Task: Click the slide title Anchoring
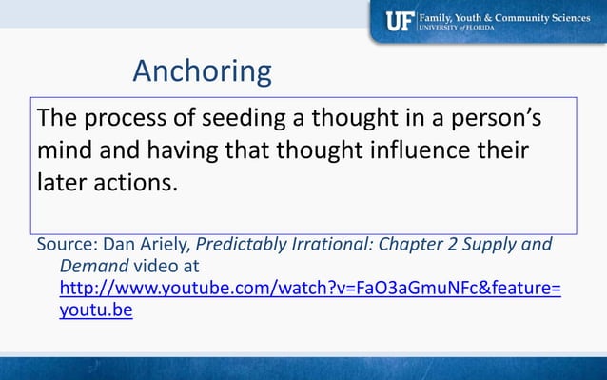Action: pyautogui.click(x=202, y=70)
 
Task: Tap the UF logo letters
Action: pyautogui.click(x=398, y=21)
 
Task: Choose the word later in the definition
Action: pyautogui.click(x=63, y=181)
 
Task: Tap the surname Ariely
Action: pyautogui.click(x=163, y=244)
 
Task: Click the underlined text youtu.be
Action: pyautogui.click(x=95, y=310)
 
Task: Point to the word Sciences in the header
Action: pyautogui.click(x=565, y=16)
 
